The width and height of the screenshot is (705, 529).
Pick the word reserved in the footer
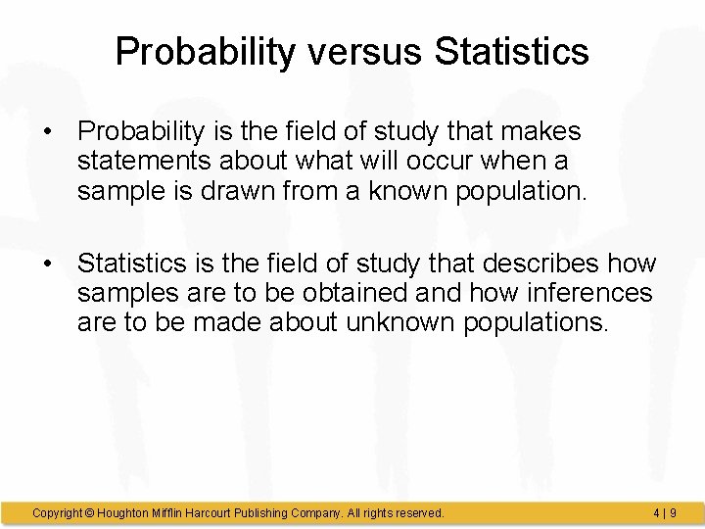417,512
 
